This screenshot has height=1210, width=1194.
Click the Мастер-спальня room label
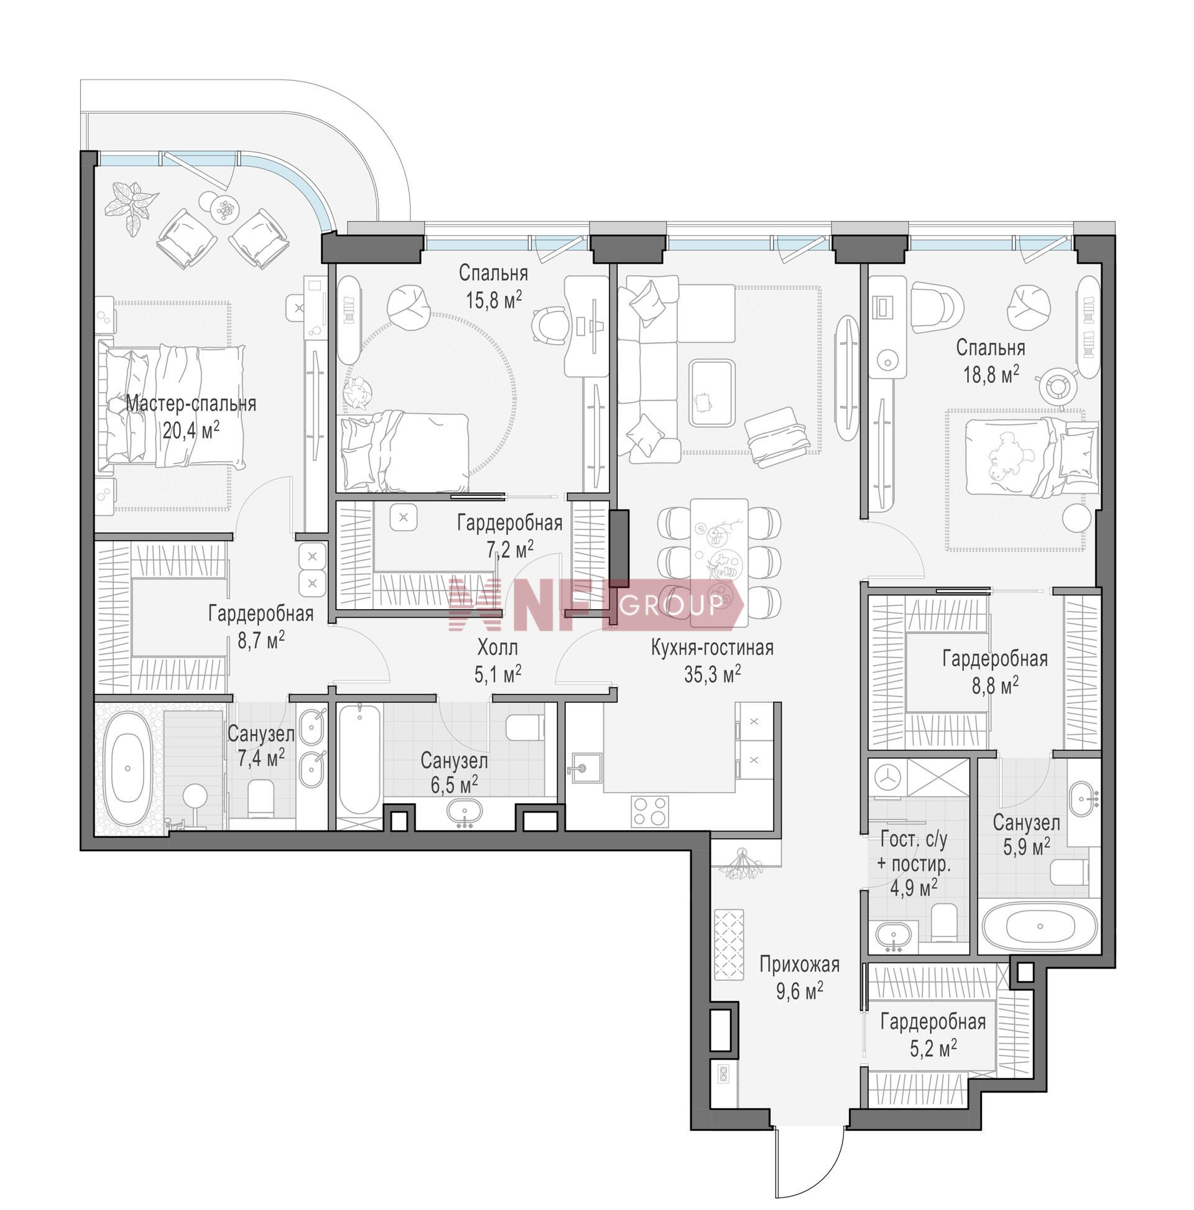[x=190, y=403]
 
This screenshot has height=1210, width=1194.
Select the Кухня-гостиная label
[x=712, y=648]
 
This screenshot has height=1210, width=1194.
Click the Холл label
[x=497, y=646]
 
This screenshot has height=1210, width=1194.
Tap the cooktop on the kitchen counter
[x=649, y=811]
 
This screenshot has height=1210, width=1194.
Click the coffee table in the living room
[x=712, y=393]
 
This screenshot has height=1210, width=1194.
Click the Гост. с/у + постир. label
[x=913, y=861]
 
